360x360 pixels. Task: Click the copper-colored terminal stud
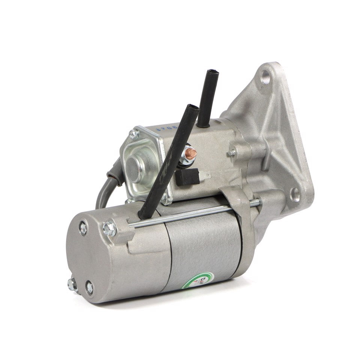191,152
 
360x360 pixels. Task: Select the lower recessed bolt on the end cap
89,287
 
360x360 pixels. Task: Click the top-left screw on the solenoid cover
133,134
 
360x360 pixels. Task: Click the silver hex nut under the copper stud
184,159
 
